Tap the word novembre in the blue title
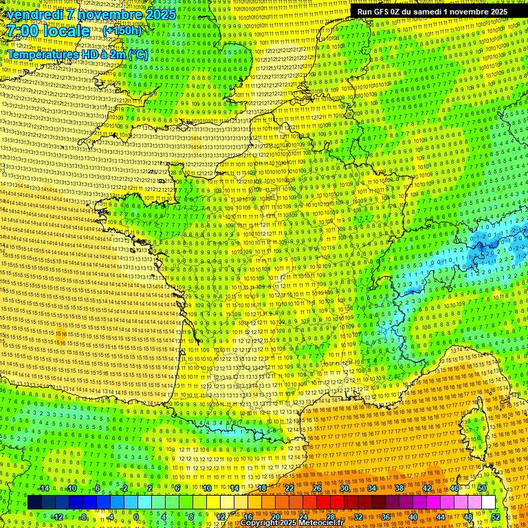click(111, 14)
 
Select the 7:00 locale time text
click(49, 31)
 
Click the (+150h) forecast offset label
click(122, 31)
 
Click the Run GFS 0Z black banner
click(432, 12)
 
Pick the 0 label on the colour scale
click(135, 517)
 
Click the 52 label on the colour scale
click(496, 517)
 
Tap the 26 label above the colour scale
click(317, 488)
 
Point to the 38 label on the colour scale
click(399, 488)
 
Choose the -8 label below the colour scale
click(84, 517)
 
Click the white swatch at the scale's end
click(488, 503)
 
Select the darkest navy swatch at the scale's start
click(35, 503)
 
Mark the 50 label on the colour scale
click(482, 488)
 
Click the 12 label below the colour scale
click(221, 517)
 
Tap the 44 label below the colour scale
click(441, 517)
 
